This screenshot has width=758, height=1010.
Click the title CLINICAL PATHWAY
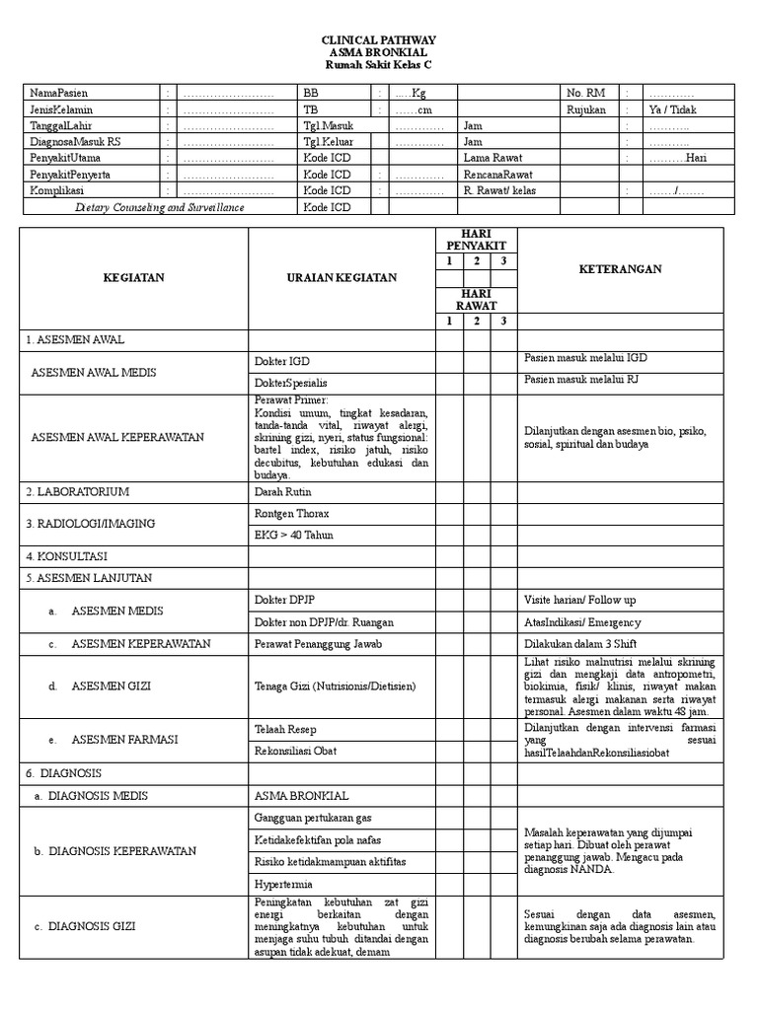tap(379, 39)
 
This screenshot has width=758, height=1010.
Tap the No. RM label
tap(586, 93)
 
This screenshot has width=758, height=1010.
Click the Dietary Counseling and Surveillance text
tap(160, 207)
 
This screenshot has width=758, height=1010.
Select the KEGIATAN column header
tap(134, 278)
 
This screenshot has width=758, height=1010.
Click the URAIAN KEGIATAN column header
tap(341, 278)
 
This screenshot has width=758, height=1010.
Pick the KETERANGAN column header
tap(620, 268)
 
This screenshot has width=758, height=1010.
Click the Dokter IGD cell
tap(281, 360)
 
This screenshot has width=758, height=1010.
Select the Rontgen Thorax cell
tap(292, 513)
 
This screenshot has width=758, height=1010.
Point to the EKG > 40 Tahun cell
tap(294, 535)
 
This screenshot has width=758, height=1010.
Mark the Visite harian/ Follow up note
tap(579, 600)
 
